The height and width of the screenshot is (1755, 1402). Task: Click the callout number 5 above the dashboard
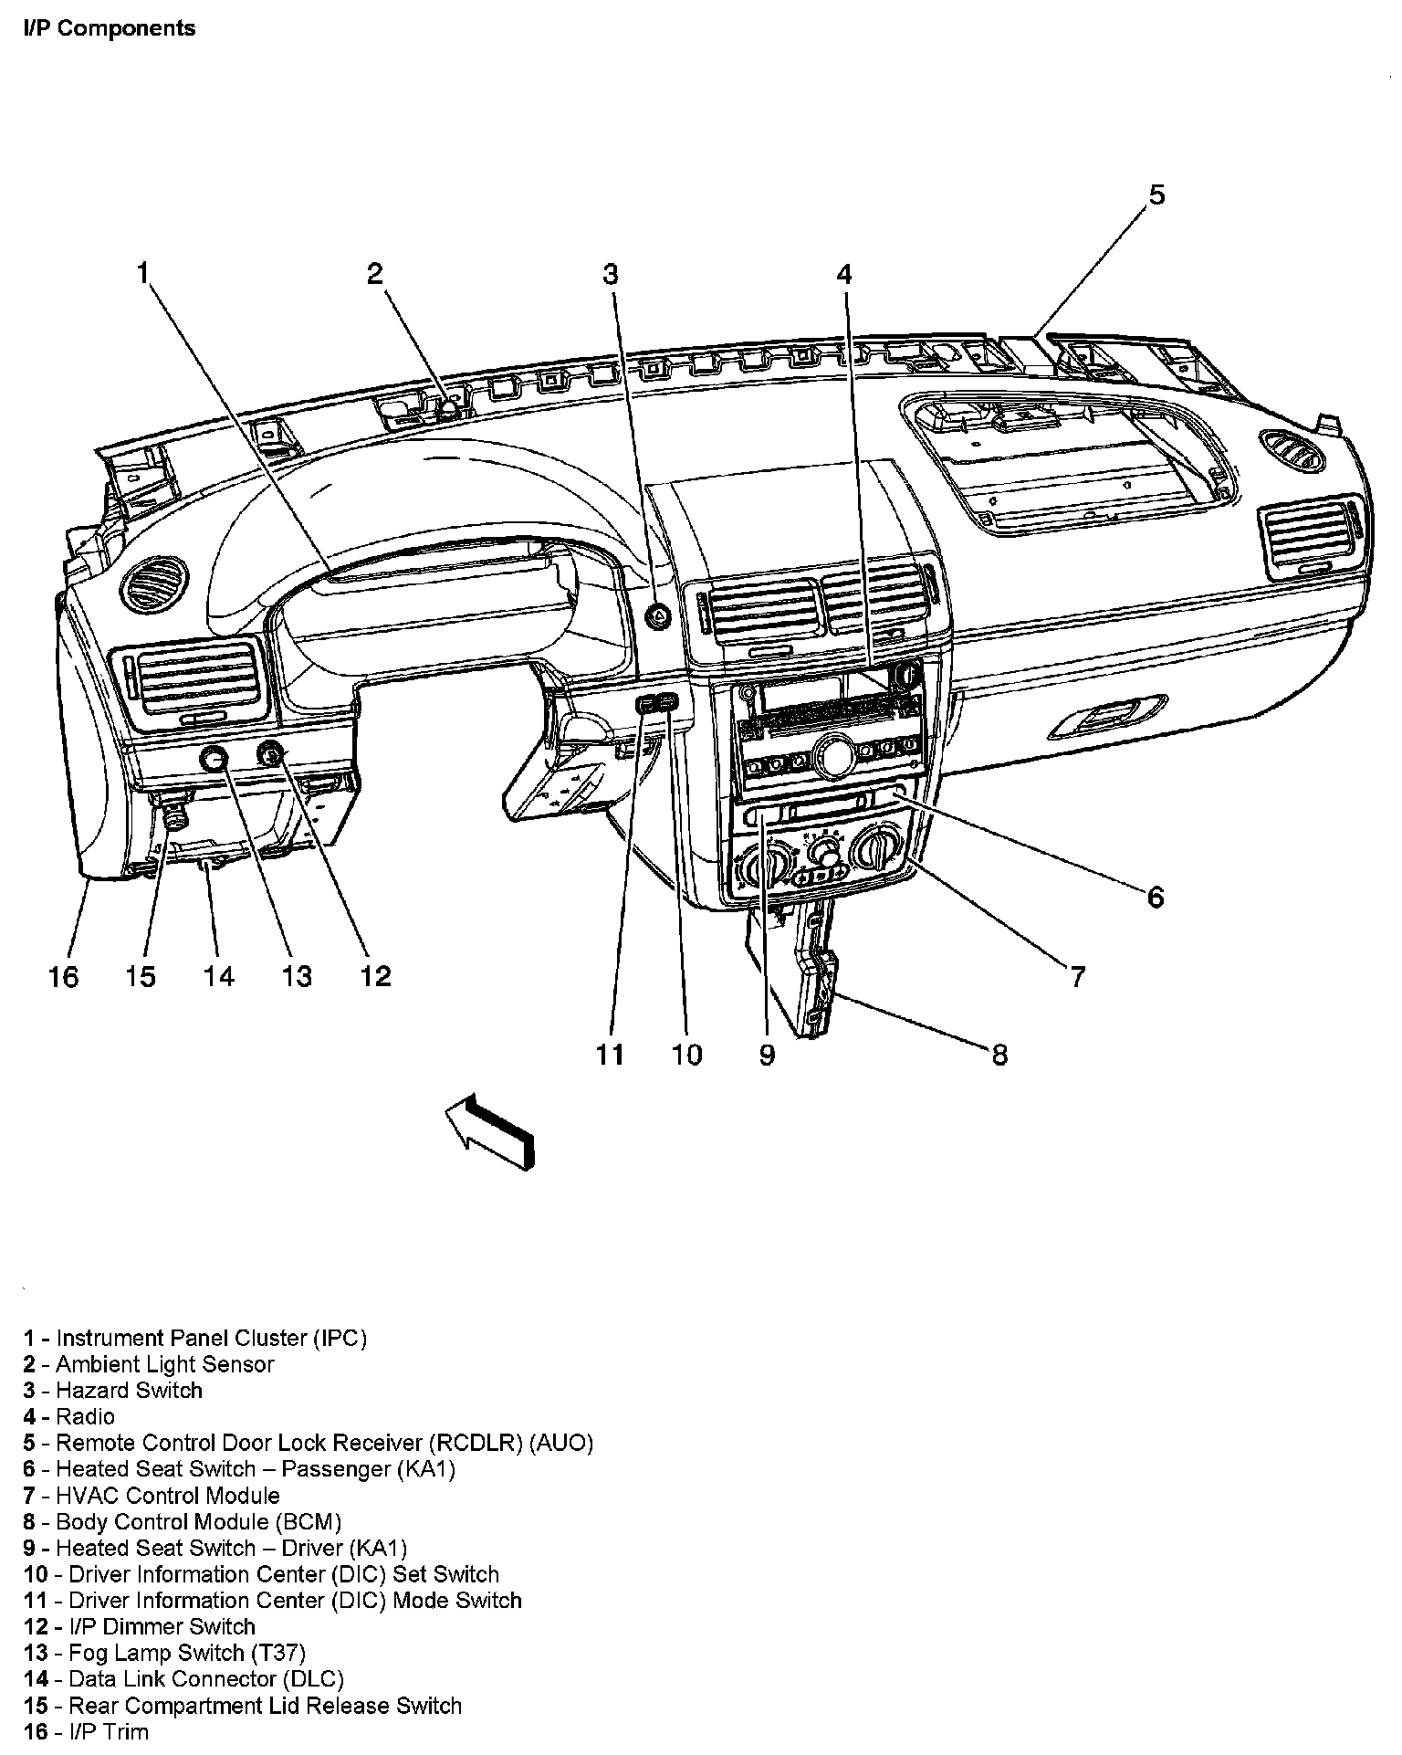pos(1156,195)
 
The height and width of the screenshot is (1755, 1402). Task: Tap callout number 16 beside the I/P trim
pos(63,977)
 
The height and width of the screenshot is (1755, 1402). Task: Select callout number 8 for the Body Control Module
pos(999,1055)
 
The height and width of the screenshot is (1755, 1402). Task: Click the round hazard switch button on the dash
pos(657,616)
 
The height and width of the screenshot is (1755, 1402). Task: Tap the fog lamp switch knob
pos(214,758)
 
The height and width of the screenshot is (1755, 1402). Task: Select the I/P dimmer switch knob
pos(272,754)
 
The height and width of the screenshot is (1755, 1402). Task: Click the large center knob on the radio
pos(833,756)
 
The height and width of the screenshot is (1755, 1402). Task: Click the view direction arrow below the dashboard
pos(488,1130)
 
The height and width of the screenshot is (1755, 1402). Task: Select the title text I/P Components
pos(109,28)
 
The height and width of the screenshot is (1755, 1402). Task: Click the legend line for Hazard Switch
pos(113,1391)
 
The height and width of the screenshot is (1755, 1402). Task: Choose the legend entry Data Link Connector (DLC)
pos(183,1679)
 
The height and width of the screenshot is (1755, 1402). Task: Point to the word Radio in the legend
pos(86,1417)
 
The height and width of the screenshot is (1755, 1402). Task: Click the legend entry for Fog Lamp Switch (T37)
pos(164,1653)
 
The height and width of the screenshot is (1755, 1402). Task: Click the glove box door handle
pos(1107,716)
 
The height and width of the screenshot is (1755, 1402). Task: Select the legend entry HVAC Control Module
pos(152,1496)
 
